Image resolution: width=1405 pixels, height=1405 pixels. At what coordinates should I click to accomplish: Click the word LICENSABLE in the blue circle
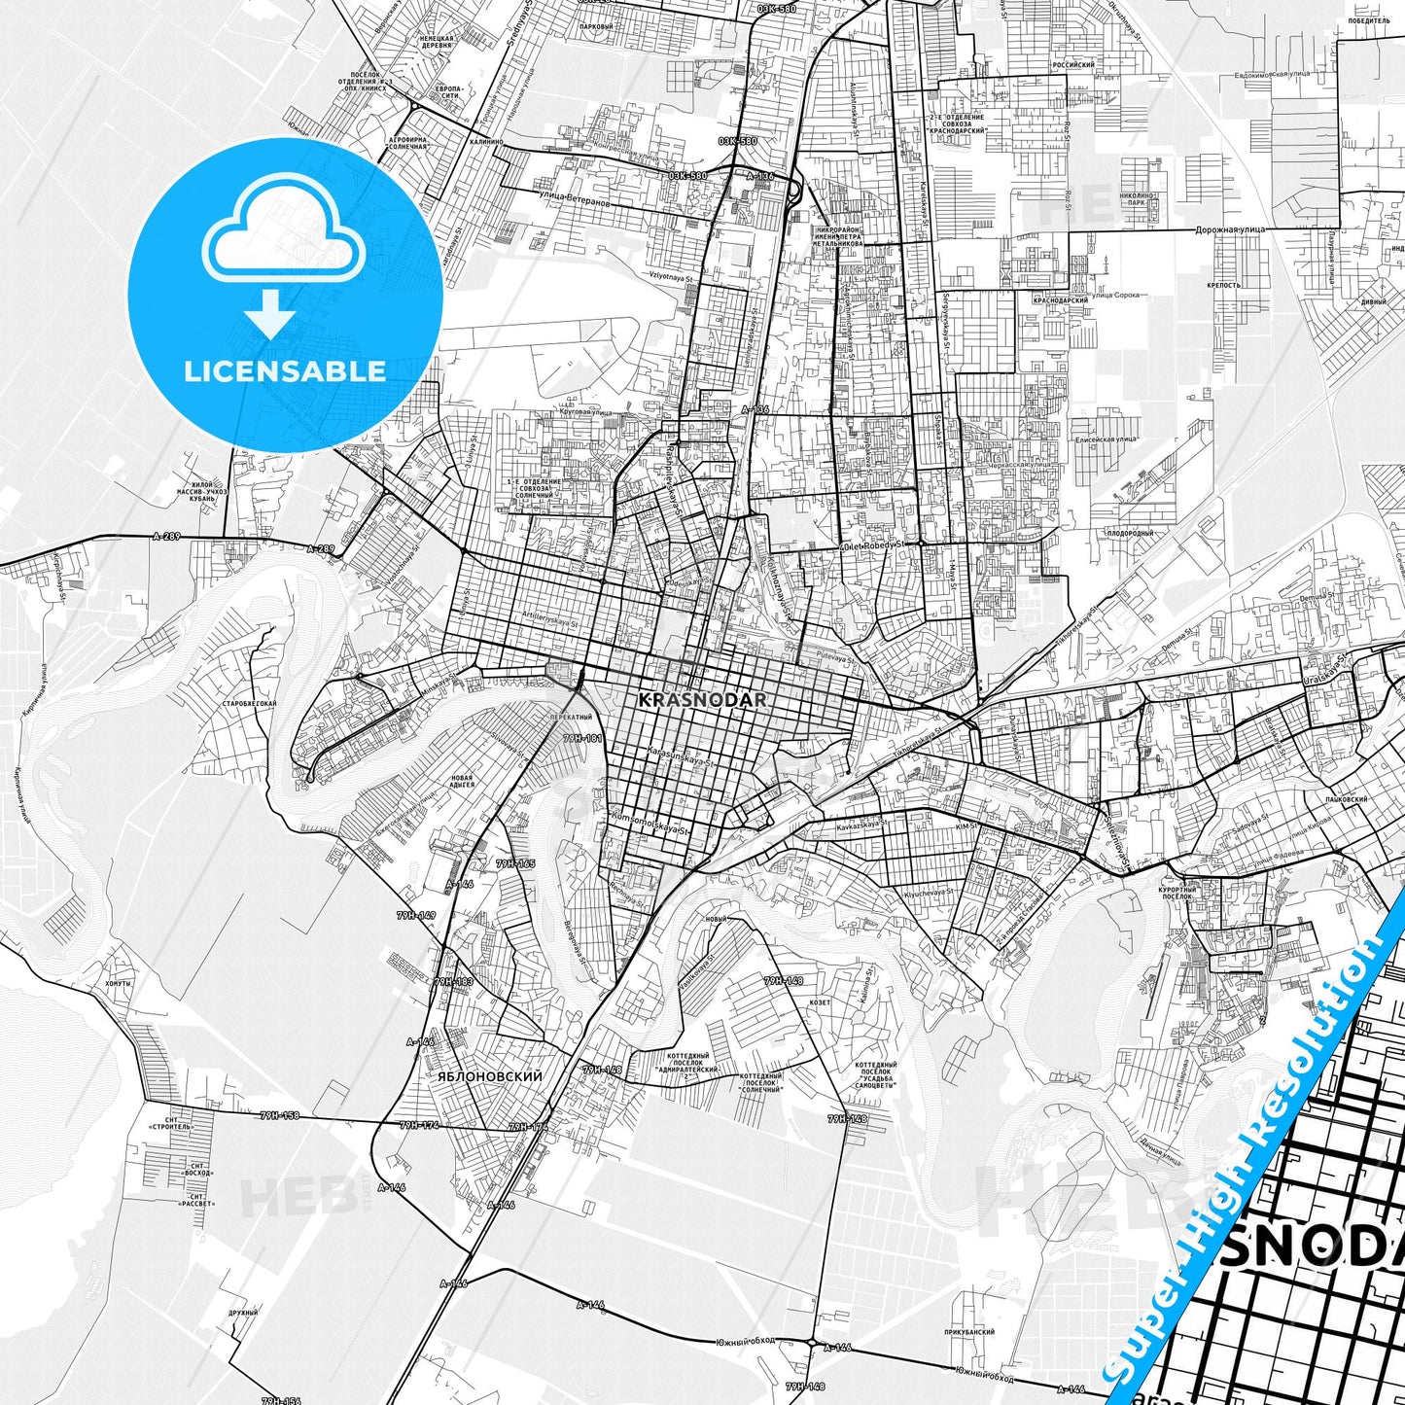click(x=285, y=370)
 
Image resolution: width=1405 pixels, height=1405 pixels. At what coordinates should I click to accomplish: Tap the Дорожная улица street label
click(x=1226, y=229)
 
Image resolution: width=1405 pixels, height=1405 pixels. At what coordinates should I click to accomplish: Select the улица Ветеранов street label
click(x=574, y=202)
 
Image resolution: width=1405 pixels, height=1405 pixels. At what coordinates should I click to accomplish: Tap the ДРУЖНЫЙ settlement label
click(x=244, y=1313)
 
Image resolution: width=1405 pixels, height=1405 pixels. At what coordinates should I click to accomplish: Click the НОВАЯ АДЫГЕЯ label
click(x=462, y=781)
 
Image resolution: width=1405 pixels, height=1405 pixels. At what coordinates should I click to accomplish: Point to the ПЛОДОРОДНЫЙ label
click(x=1130, y=533)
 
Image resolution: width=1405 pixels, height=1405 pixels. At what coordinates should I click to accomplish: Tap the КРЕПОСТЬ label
click(x=1223, y=285)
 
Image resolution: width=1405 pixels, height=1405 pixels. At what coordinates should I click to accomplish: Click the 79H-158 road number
click(x=279, y=1115)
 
